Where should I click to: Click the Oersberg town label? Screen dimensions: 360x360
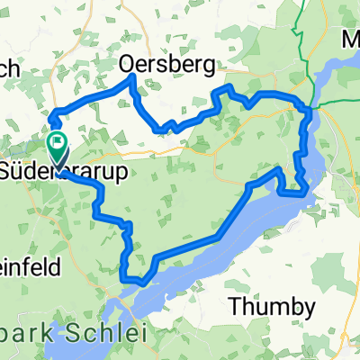pyautogui.click(x=169, y=65)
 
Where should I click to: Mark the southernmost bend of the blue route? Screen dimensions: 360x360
pyautogui.click(x=141, y=283)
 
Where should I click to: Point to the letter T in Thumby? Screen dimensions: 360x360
pyautogui.click(x=237, y=306)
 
